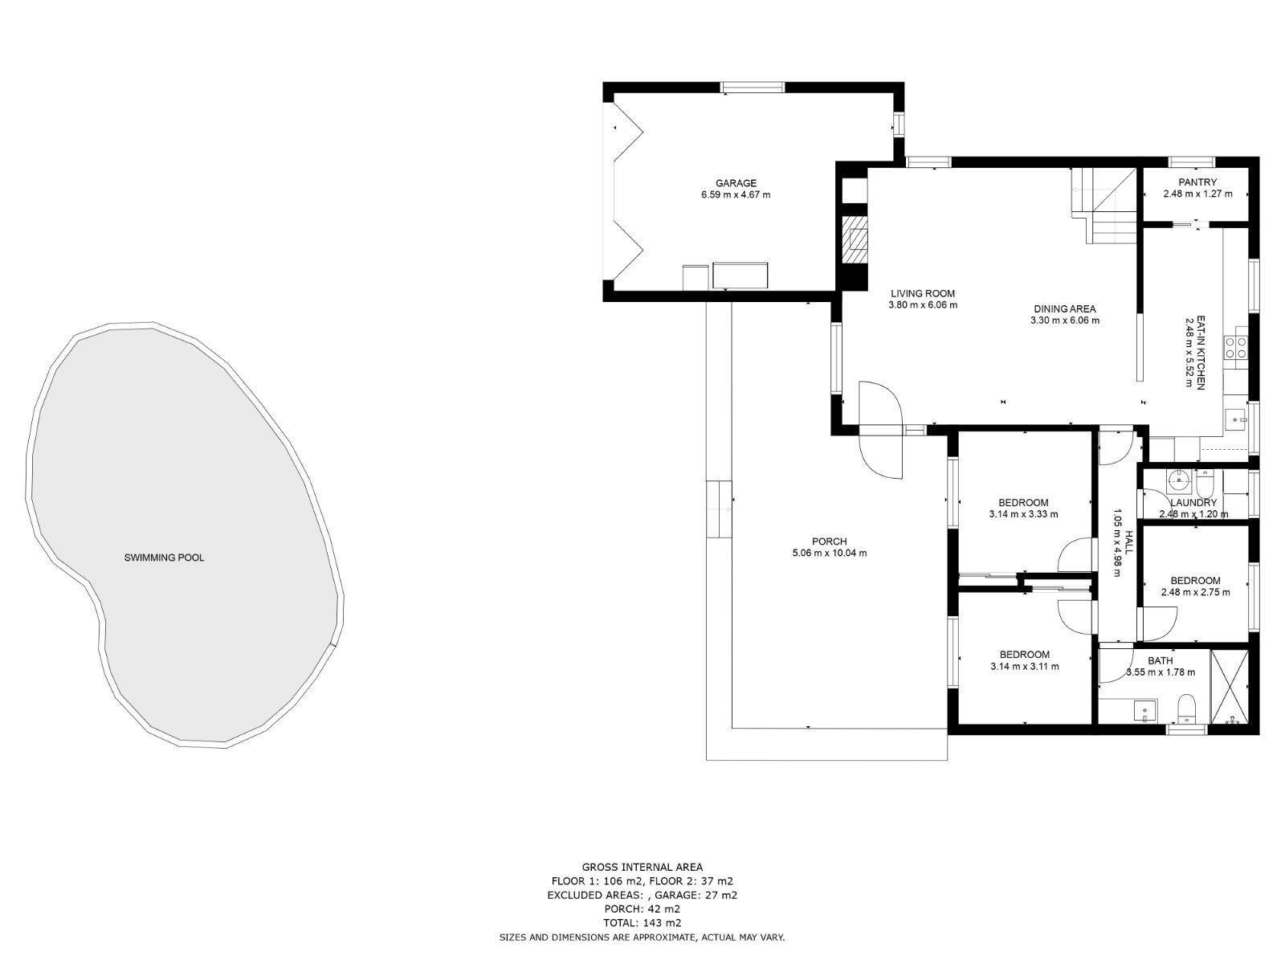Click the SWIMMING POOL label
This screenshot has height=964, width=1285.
tap(164, 558)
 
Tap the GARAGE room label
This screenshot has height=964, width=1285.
tap(736, 183)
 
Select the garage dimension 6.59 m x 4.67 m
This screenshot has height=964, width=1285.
tap(736, 194)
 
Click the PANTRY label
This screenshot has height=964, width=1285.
tap(1197, 182)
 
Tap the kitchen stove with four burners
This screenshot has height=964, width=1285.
tap(1235, 347)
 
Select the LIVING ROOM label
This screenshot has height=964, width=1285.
tap(923, 293)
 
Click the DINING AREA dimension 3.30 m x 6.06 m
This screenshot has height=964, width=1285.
tap(1065, 321)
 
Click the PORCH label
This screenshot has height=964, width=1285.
tap(829, 541)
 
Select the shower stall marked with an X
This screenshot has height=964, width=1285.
tap(1229, 688)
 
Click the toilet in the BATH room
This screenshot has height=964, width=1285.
tap(1186, 709)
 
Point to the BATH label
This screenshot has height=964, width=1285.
tap(1160, 660)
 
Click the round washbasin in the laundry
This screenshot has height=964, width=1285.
tap(1178, 482)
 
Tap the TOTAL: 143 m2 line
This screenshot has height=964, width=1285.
tap(642, 923)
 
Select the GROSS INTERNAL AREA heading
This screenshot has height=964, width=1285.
tap(642, 867)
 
